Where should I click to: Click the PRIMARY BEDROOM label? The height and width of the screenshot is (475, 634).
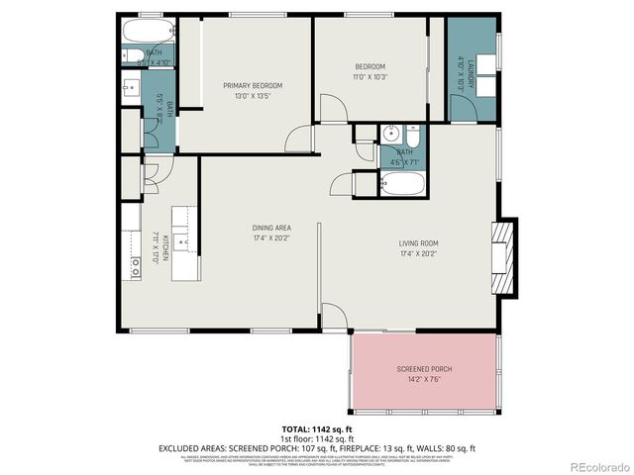click(x=247, y=86)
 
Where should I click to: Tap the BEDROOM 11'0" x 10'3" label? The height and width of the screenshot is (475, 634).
click(x=371, y=66)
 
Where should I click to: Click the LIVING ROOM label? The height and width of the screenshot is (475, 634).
click(x=418, y=242)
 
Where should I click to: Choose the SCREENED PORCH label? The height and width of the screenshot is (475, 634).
click(x=424, y=368)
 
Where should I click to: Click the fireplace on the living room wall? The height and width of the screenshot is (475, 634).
click(x=504, y=259)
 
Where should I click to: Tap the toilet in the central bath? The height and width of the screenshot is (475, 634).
click(x=414, y=136)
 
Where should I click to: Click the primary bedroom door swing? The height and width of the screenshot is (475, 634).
click(x=299, y=140)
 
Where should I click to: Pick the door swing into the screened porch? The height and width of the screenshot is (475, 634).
click(x=335, y=315)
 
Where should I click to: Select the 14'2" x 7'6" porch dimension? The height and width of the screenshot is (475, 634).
click(x=424, y=377)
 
